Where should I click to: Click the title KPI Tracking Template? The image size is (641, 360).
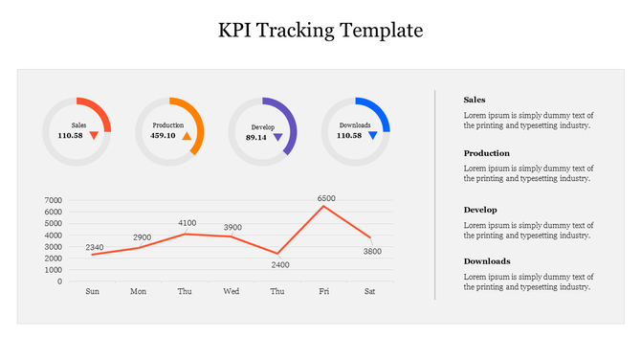pyautogui.click(x=320, y=30)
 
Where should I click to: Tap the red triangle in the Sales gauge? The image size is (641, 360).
pyautogui.click(x=94, y=135)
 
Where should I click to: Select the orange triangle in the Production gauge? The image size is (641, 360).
pyautogui.click(x=188, y=136)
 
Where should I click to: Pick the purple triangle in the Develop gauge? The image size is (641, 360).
pyautogui.click(x=277, y=137)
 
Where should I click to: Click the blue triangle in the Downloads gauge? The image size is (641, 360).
pyautogui.click(x=373, y=135)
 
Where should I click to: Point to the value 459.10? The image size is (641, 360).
pyautogui.click(x=163, y=136)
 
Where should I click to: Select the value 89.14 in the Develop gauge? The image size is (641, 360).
pyautogui.click(x=255, y=138)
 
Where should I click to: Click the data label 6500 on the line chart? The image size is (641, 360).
pyautogui.click(x=327, y=198)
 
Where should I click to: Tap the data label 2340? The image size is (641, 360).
pyautogui.click(x=95, y=247)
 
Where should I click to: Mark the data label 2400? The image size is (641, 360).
pyautogui.click(x=280, y=264)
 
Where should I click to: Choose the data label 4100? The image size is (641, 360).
pyautogui.click(x=188, y=223)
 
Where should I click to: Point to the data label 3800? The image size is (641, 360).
pyautogui.click(x=372, y=251)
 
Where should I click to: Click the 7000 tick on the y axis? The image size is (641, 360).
pyautogui.click(x=53, y=201)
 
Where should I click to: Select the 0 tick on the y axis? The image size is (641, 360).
pyautogui.click(x=59, y=281)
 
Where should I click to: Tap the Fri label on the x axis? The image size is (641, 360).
pyautogui.click(x=323, y=291)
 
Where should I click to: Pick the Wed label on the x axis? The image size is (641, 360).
pyautogui.click(x=232, y=291)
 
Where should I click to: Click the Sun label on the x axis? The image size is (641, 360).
pyautogui.click(x=92, y=291)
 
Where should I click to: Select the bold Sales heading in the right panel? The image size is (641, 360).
pyautogui.click(x=475, y=100)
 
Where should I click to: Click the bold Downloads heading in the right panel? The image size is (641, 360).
pyautogui.click(x=487, y=260)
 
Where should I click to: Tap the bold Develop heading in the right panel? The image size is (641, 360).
pyautogui.click(x=480, y=209)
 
